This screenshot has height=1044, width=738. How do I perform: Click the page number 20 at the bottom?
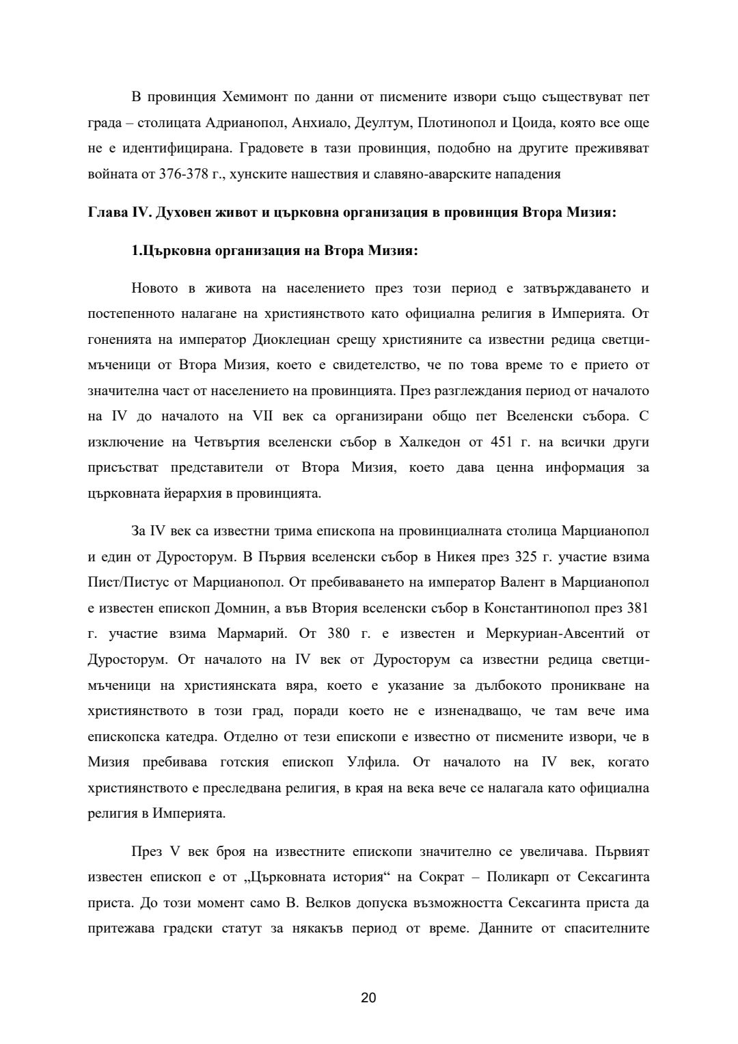(368, 998)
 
